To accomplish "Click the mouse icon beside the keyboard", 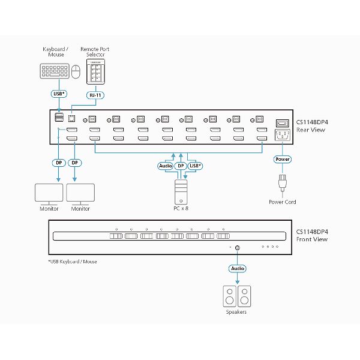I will [76, 73].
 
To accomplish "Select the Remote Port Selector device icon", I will [97, 73].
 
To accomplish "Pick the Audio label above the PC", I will [166, 166].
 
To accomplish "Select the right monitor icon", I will [80, 193].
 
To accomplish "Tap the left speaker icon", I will [229, 296].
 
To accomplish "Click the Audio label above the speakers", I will [237, 269].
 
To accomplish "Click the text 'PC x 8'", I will [181, 209].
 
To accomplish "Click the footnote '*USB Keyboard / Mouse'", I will [72, 262].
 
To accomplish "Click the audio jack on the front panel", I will [238, 248].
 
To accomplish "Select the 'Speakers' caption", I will [236, 312].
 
